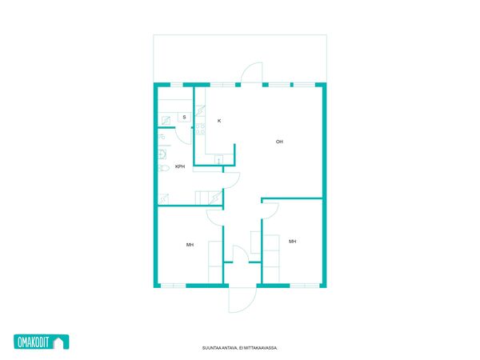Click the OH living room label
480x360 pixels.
pyautogui.click(x=279, y=142)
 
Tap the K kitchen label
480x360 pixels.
pyautogui.click(x=219, y=121)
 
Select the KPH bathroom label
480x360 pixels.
pyautogui.click(x=180, y=166)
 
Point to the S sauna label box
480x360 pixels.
pyautogui.click(x=184, y=118)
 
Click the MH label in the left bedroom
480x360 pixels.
pyautogui.click(x=190, y=245)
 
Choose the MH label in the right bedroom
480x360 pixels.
pyautogui.click(x=292, y=242)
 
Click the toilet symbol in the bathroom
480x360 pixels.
pyautogui.click(x=164, y=168)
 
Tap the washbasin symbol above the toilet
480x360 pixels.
pyautogui.click(x=162, y=154)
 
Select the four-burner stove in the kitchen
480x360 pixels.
pyautogui.click(x=201, y=129)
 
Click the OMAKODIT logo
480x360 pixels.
pyautogui.click(x=42, y=342)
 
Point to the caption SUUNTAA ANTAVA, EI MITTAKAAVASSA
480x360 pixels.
pyautogui.click(x=240, y=348)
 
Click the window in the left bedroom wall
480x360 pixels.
pyautogui.click(x=174, y=286)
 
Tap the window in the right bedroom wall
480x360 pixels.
pyautogui.click(x=305, y=286)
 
